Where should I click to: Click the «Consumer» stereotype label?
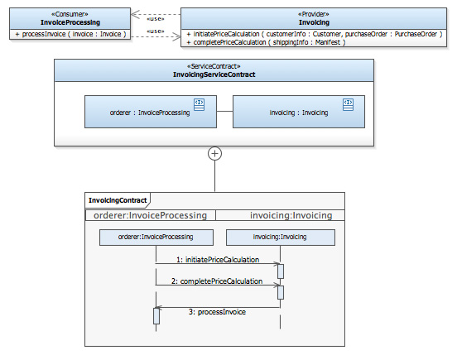(x=70, y=14)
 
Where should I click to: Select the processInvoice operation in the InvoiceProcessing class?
(x=70, y=34)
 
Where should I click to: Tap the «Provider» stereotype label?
(x=314, y=14)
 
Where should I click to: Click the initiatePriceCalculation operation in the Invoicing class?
(x=315, y=34)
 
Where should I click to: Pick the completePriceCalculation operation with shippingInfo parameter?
(x=266, y=42)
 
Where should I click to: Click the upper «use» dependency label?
(x=156, y=19)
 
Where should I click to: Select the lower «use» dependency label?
(x=156, y=31)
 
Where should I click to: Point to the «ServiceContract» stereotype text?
(x=214, y=66)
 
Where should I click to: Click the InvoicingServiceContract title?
(x=214, y=74)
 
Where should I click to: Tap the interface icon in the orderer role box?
(x=199, y=104)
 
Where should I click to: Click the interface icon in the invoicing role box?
(x=348, y=104)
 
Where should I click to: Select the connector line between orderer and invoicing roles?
(x=224, y=111)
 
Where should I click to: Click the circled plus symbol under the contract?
(x=214, y=153)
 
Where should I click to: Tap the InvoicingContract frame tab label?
(x=118, y=200)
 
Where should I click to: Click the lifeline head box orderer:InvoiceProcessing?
(x=156, y=238)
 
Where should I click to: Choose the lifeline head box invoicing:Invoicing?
(x=281, y=238)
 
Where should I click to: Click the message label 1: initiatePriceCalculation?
(x=218, y=260)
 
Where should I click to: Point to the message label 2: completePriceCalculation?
(x=217, y=281)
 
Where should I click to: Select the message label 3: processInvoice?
(x=217, y=312)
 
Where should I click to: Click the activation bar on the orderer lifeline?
(x=156, y=316)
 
